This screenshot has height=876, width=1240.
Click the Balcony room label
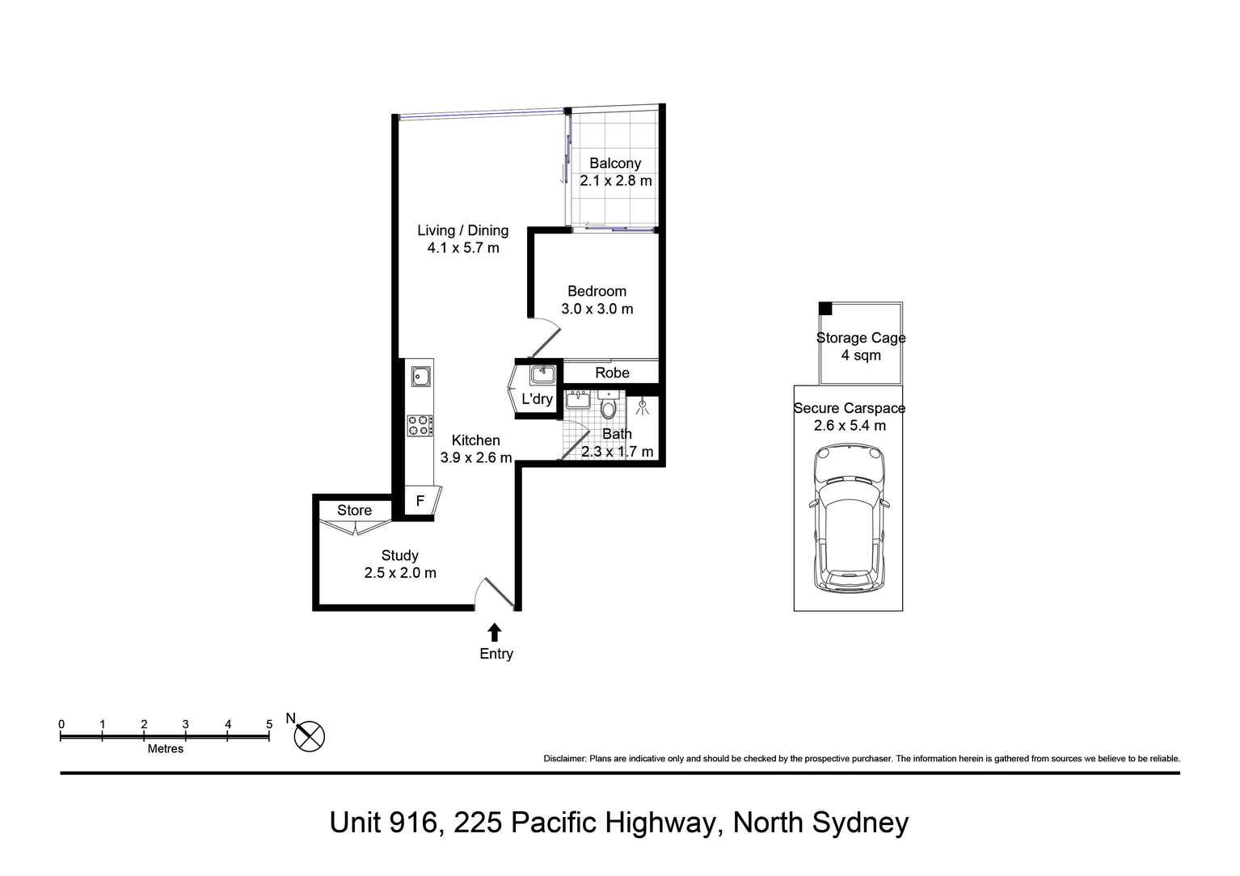pos(614,163)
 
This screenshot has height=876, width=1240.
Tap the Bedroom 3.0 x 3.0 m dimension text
pos(597,309)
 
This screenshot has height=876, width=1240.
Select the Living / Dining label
pos(462,230)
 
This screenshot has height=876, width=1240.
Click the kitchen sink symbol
pos(420,376)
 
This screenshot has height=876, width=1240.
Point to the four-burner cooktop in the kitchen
pos(420,426)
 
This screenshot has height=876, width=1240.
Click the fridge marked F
pos(420,502)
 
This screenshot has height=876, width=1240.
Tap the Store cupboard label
pos(354,511)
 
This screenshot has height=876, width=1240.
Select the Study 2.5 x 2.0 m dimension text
pos(399,573)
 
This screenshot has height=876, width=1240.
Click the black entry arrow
pos(495,632)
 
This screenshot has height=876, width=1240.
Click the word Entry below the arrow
pos(496,654)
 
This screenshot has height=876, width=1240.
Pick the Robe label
pos(612,373)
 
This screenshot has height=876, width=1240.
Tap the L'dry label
pos(537,399)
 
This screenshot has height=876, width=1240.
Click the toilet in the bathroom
pos(608,406)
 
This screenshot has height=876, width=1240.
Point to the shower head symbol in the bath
pos(643,407)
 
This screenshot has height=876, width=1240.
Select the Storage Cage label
pos(860,338)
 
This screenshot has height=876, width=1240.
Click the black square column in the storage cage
pos(825,309)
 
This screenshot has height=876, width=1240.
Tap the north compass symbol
pos(309,736)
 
